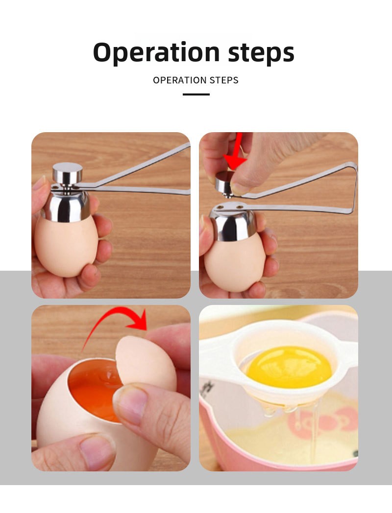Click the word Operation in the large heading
[x=156, y=52]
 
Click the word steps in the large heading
[x=261, y=52]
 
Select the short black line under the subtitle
[x=196, y=94]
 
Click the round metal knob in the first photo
[x=68, y=173]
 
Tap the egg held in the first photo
[x=66, y=245]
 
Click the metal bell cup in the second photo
[x=233, y=221]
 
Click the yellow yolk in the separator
[x=289, y=367]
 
